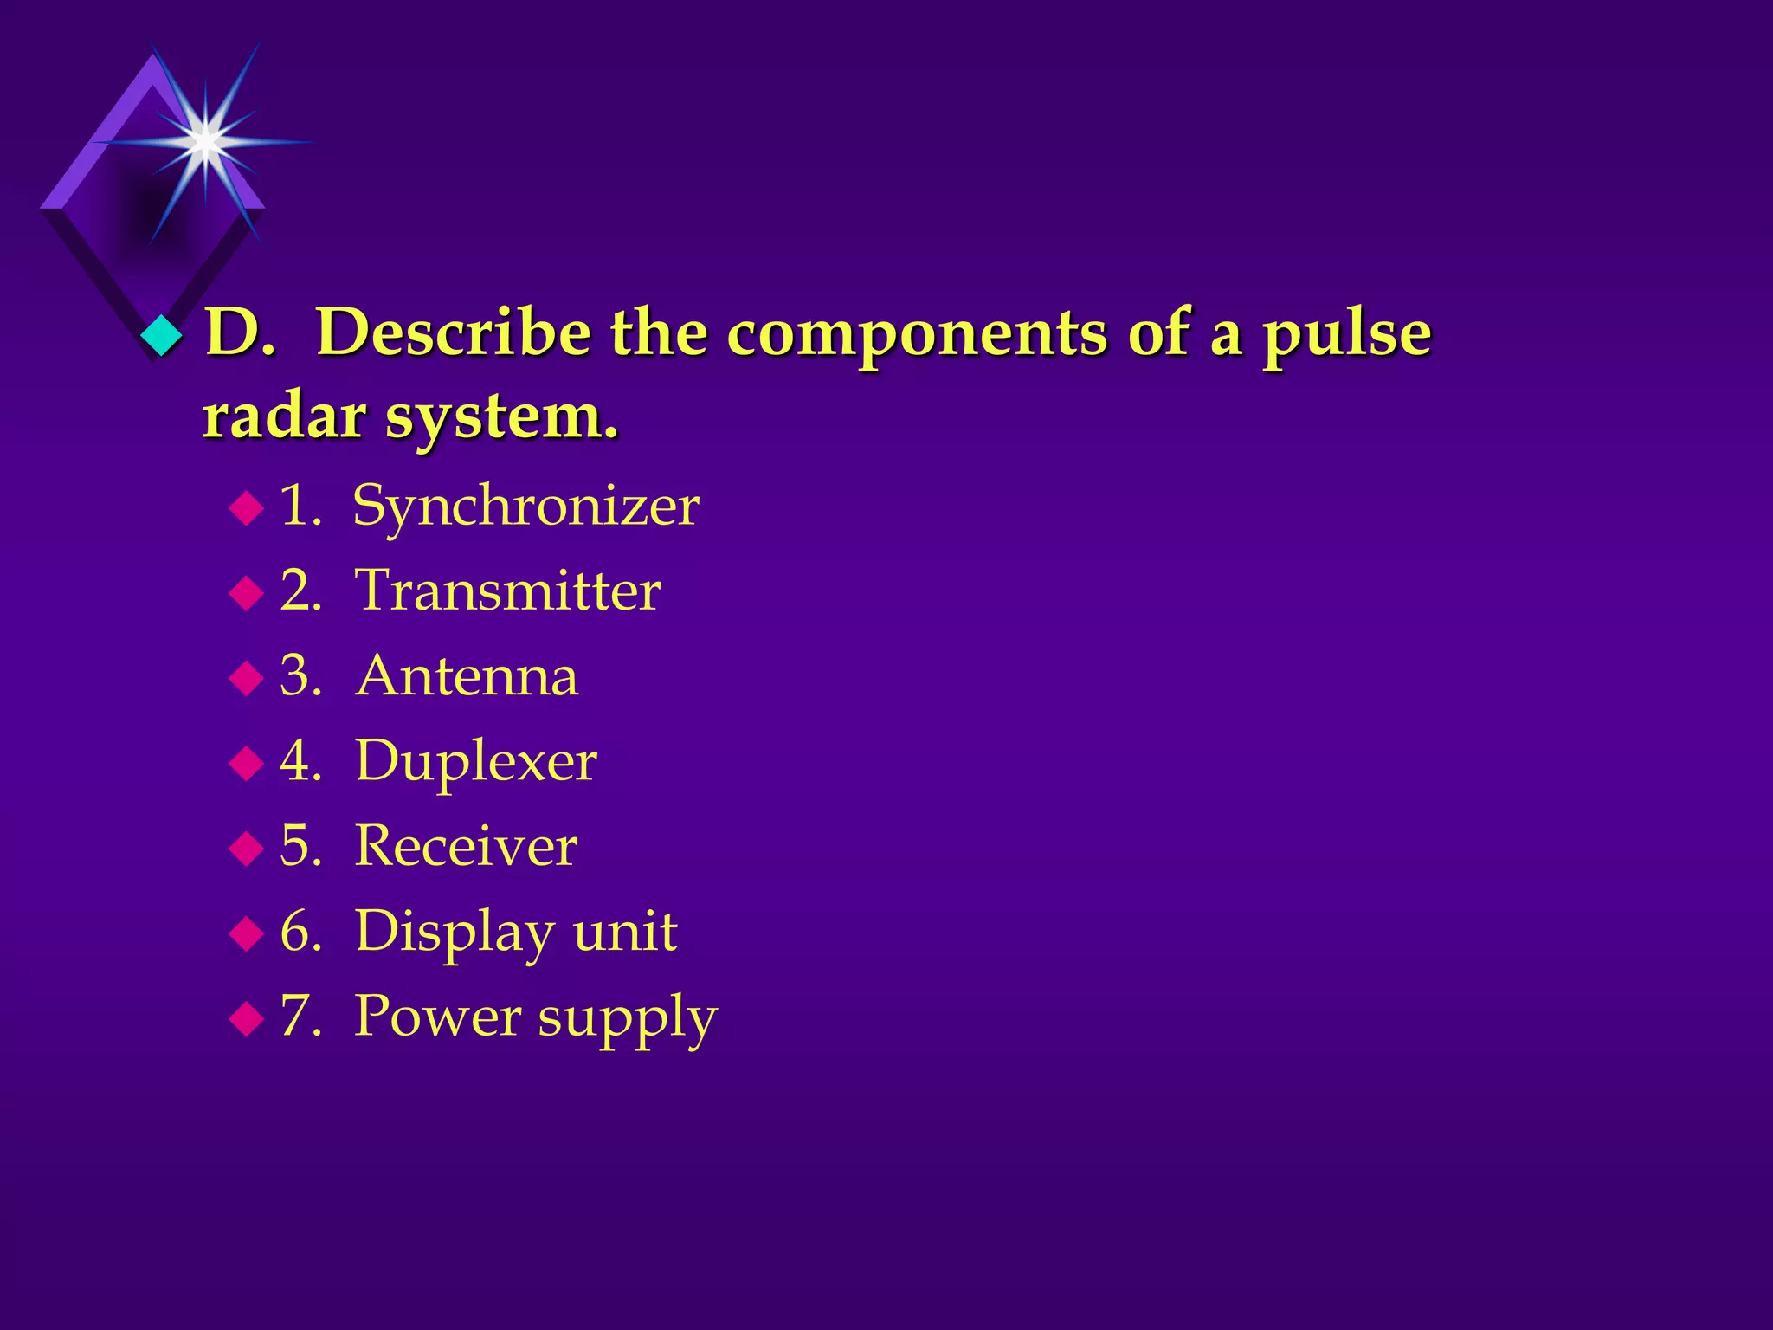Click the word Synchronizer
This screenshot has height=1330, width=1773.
coord(525,506)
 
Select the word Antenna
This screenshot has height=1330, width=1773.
coord(467,676)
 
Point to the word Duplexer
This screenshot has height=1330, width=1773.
coord(475,761)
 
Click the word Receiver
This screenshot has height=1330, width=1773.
coord(466,846)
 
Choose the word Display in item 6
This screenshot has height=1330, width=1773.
coord(455,933)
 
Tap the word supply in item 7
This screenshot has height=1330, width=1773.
coord(628,1017)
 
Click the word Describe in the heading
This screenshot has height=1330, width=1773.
coord(454,332)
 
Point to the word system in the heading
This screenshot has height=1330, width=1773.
coord(501,419)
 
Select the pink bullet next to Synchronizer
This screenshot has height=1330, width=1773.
coord(247,508)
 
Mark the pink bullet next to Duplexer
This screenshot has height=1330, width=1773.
coord(247,763)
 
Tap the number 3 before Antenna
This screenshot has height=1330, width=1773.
coord(296,676)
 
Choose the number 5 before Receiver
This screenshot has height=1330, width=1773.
coord(296,846)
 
